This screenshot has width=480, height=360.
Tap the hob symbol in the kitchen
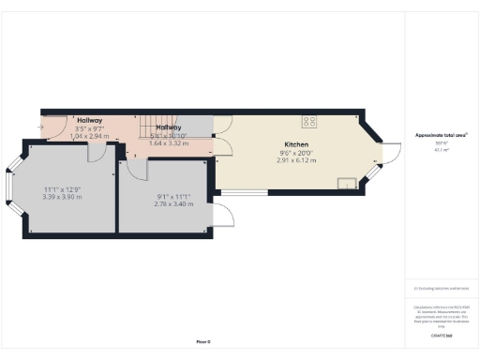(308, 121)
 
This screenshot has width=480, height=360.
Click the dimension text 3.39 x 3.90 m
(63, 199)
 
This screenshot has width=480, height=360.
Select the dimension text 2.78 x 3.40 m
(173, 203)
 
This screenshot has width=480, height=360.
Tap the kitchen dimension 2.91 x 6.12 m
(298, 160)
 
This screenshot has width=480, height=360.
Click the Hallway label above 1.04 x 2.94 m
(90, 121)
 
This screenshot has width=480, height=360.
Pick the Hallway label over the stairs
(169, 127)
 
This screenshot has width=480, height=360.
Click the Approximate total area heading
(442, 135)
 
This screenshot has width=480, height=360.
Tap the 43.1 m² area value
(441, 150)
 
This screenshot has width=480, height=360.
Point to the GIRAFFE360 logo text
(441, 334)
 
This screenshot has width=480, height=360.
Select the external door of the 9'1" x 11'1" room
(224, 216)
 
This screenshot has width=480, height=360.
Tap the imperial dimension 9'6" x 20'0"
(298, 153)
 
